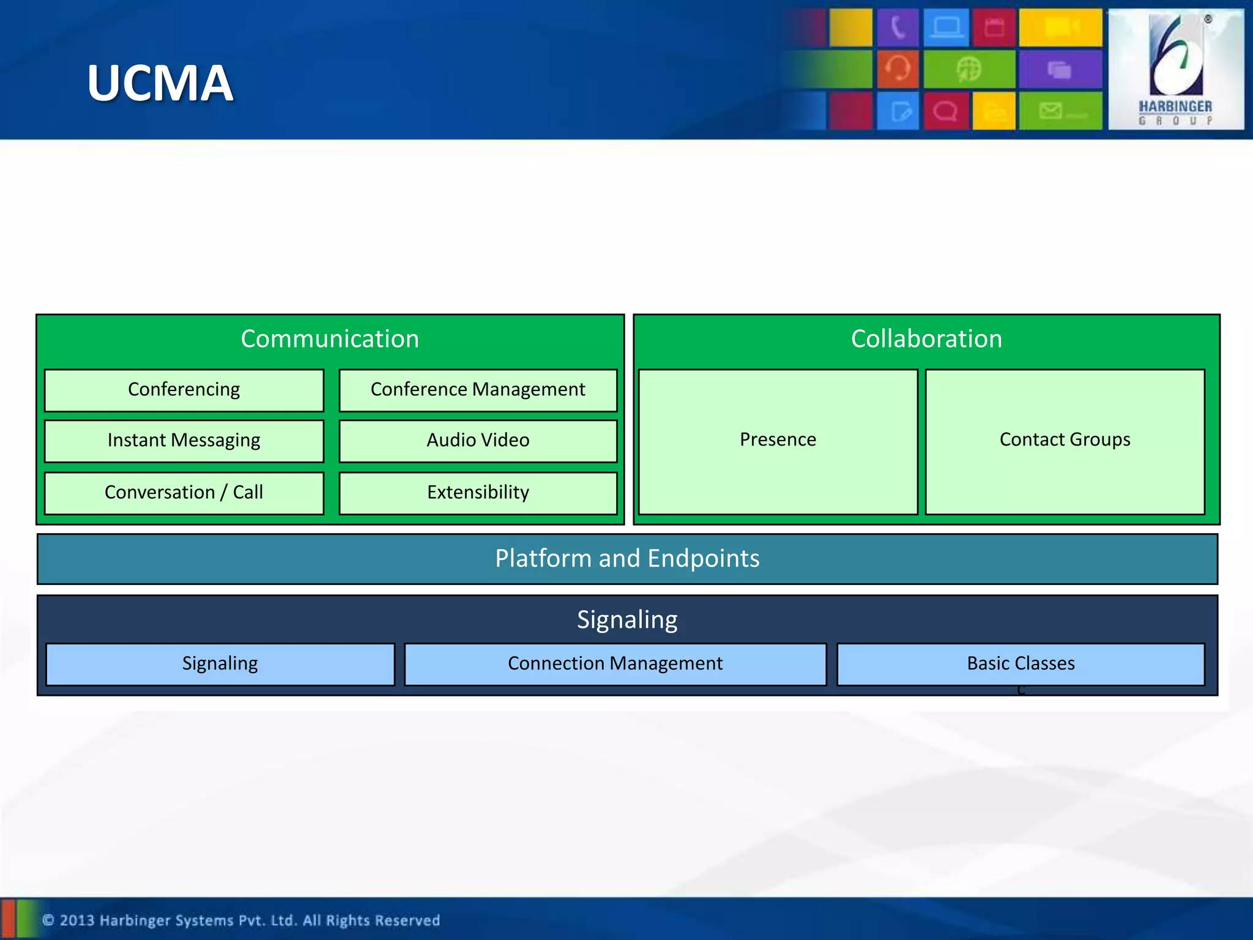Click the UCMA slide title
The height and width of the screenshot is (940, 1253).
(x=160, y=83)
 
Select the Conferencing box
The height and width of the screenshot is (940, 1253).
(x=184, y=390)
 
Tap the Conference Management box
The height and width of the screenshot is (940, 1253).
(x=478, y=390)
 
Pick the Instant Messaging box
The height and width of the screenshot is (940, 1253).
(x=184, y=441)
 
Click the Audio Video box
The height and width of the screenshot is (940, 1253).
(x=478, y=441)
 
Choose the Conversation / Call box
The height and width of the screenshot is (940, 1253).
(x=184, y=493)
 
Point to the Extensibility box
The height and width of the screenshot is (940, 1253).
(x=478, y=493)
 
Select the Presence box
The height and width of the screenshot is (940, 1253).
(x=778, y=441)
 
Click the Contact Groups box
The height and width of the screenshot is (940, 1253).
(x=1065, y=441)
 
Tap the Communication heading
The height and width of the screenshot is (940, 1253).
(x=330, y=339)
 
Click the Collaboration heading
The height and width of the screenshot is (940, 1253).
(x=926, y=339)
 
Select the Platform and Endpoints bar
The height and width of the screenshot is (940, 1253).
(x=627, y=559)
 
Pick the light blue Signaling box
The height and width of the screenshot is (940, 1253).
(x=220, y=664)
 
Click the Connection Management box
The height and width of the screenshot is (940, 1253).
(x=615, y=664)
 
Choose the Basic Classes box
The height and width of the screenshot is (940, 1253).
(x=1021, y=664)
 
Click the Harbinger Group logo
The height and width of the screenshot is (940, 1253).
(x=1175, y=69)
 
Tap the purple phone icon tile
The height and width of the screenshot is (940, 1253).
(x=898, y=28)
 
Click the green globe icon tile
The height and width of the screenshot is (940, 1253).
(x=969, y=69)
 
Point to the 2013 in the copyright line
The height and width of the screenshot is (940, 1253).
(x=76, y=920)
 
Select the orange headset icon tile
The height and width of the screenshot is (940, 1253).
(x=898, y=69)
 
